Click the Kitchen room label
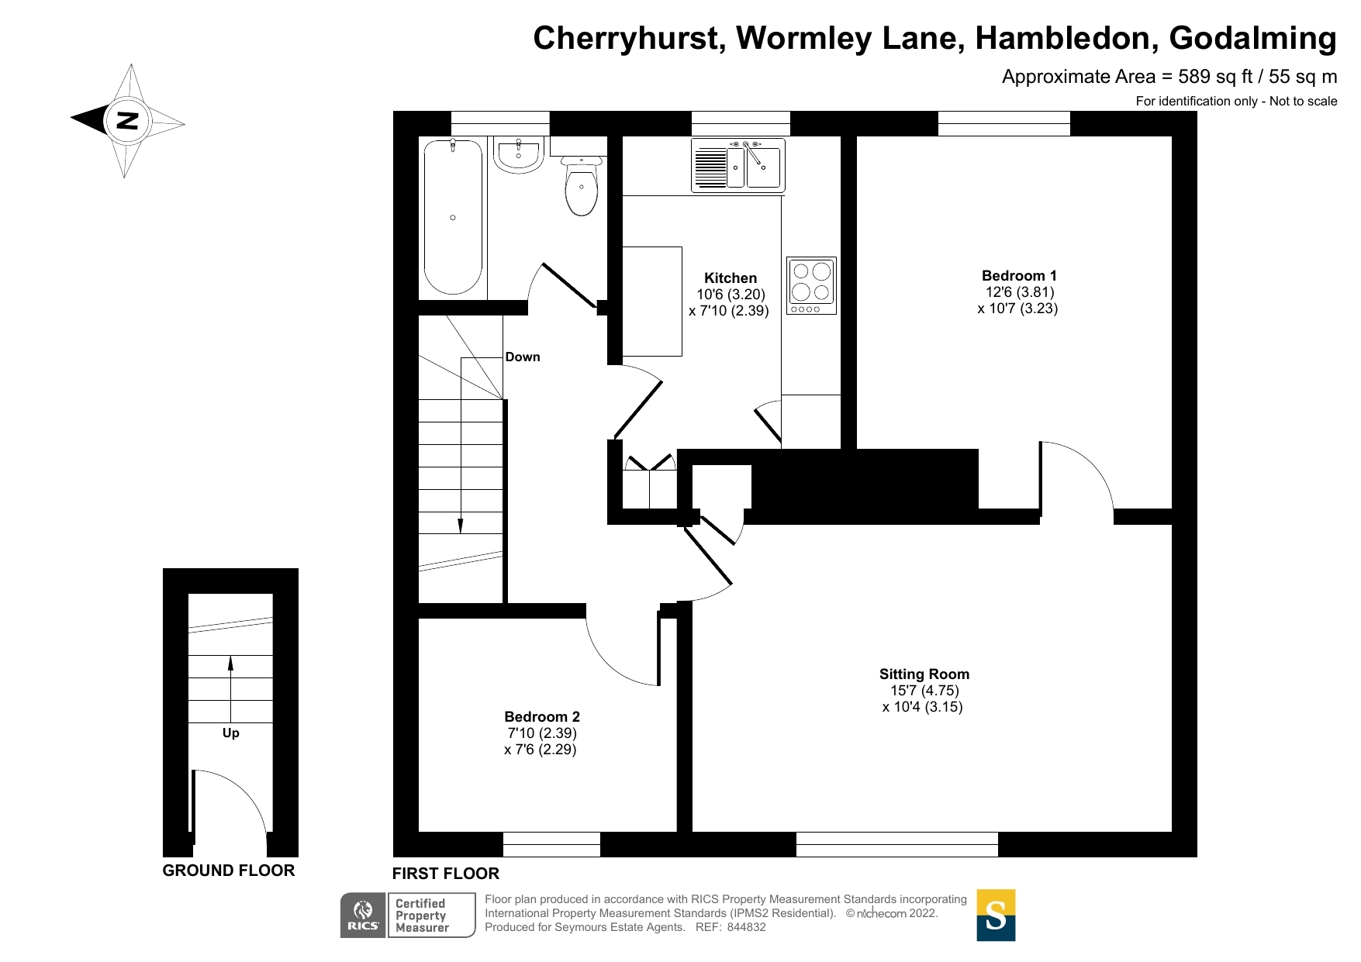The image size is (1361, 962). point(731,278)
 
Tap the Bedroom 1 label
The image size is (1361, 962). point(1019,276)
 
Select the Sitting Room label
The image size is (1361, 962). point(924,674)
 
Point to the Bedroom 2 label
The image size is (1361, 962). point(542,717)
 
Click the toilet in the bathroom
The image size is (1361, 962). point(581,184)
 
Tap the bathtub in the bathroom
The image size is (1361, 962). point(453,216)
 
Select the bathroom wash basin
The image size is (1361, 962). point(518,155)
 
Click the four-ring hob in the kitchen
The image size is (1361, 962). point(811,285)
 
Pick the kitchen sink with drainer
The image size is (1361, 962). point(738,165)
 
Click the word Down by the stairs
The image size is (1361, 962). point(523,357)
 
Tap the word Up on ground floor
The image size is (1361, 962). point(231,733)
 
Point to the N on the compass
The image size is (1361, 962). point(127,120)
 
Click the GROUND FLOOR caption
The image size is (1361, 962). point(229,871)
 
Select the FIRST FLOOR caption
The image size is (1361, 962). point(446,874)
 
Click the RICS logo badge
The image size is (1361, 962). point(408,915)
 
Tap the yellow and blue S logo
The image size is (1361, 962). point(996,915)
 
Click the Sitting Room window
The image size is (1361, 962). point(897,844)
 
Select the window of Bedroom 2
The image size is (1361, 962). point(551,844)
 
